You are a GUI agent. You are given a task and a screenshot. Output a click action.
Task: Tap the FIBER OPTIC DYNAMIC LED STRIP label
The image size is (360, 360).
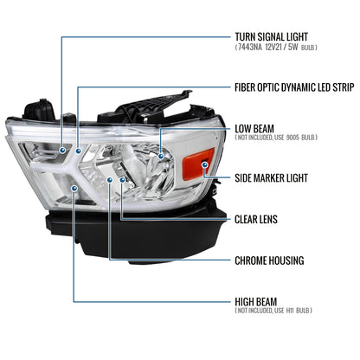[x=293, y=87]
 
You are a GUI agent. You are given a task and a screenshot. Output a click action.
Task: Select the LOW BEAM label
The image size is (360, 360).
[x=255, y=128]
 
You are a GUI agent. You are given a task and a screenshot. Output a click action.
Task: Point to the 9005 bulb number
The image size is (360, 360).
[x=312, y=139]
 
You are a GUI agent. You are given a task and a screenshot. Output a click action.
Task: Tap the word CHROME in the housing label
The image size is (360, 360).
[x=255, y=259]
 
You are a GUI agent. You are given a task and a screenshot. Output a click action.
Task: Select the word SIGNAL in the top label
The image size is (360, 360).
[x=278, y=36]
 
